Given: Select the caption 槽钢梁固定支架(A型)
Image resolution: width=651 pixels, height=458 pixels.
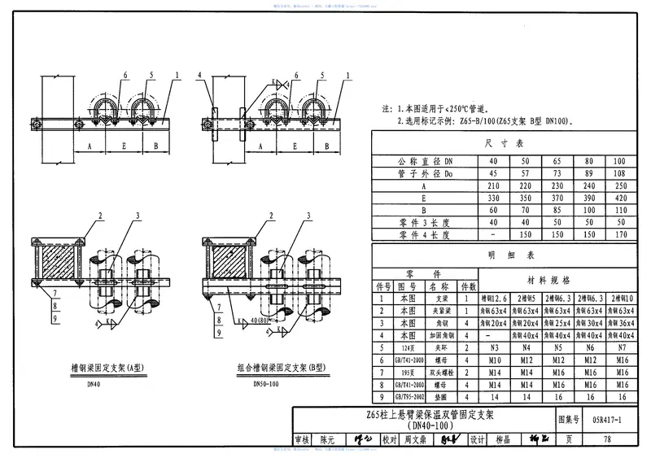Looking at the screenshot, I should click(x=84, y=367).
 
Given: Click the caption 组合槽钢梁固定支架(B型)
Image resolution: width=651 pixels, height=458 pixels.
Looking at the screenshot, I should click(x=270, y=367).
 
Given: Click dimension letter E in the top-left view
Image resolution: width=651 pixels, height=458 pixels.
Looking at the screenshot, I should click(x=123, y=148).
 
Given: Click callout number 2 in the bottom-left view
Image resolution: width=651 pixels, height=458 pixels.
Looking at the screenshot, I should click(x=99, y=216).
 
